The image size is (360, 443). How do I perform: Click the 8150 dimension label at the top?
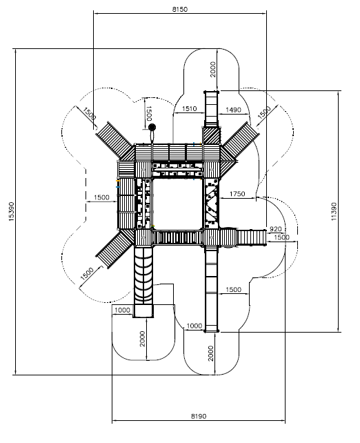pos(180,10)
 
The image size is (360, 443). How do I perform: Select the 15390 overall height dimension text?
pos(11,211)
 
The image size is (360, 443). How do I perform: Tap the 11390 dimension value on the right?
pos(334,211)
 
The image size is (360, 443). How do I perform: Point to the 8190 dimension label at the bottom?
pos(199,416)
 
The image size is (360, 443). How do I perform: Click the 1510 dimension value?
pos(189,109)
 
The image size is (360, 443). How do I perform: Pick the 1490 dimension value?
pos(234,110)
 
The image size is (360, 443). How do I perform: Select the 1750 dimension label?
pos(237,194)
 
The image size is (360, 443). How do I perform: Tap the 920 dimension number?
pos(276,229)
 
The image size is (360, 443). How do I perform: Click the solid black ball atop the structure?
pos(152,128)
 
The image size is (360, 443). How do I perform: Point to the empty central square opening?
pos(178,204)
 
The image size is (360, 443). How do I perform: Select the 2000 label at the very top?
pos(213,69)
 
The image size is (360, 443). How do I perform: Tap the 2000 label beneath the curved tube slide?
pos(142,339)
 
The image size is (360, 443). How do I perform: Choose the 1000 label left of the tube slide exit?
pos(122,311)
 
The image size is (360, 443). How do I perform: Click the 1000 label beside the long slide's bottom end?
pos(194,326)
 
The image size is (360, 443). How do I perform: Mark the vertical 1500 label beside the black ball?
pos(149,113)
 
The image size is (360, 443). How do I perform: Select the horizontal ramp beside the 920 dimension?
pos(252,237)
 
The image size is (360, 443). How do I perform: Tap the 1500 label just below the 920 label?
pos(281,237)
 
